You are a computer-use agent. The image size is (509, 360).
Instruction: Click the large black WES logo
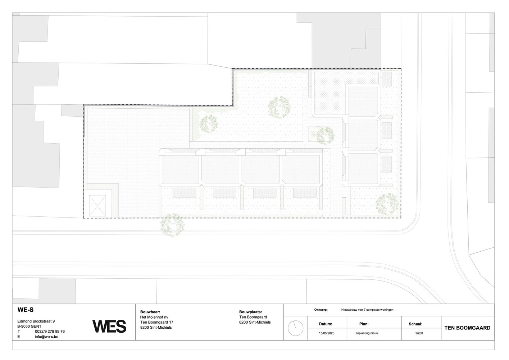tap(109, 327)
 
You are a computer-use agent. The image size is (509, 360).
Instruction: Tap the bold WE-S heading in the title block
tap(26, 310)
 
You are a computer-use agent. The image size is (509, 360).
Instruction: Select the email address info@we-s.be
tap(46, 337)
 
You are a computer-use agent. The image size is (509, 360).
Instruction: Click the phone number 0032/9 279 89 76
tap(50, 332)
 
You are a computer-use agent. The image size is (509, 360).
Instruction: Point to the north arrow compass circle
tap(295, 328)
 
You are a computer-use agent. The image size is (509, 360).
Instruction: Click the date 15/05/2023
tap(327, 333)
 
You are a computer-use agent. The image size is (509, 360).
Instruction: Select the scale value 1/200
tap(419, 333)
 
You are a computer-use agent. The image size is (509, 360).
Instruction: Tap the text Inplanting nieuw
tap(367, 333)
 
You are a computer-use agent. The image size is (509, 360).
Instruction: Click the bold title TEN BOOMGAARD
tap(467, 328)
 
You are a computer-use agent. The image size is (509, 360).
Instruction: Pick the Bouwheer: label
tap(150, 312)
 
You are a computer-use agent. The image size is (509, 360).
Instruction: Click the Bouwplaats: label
tap(251, 312)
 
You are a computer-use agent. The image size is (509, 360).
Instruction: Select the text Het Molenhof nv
tap(154, 317)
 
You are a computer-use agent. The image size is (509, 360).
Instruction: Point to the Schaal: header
tap(415, 324)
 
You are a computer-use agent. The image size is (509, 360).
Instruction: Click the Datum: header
tap(326, 324)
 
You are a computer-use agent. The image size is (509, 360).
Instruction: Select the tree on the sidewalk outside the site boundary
tap(172, 225)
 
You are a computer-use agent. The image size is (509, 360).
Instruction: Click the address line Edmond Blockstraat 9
tap(36, 321)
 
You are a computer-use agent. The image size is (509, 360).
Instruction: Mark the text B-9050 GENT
tap(29, 327)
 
